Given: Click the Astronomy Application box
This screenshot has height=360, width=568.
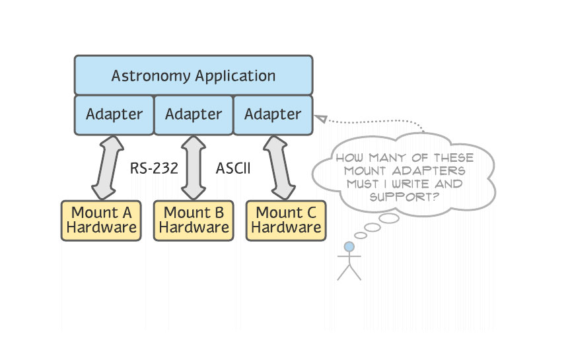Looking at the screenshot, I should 193,75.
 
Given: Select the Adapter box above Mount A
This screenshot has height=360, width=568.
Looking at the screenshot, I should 114,114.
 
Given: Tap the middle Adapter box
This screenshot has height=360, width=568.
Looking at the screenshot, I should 193,114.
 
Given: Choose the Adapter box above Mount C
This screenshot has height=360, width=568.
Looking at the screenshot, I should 273,114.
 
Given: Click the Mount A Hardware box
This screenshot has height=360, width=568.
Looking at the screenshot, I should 101,220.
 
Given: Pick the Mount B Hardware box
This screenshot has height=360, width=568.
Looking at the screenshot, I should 194,220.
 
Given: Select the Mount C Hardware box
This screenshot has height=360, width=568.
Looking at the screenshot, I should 286,220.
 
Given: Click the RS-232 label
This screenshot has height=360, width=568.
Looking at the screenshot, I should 153,168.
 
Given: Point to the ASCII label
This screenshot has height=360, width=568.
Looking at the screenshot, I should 233,168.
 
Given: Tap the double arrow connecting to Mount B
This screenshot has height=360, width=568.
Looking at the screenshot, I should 194,168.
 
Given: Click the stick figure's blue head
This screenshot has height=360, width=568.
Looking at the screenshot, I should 349,247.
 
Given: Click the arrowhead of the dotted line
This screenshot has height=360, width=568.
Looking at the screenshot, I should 320,118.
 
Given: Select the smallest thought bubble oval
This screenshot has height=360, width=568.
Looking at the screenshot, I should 361,235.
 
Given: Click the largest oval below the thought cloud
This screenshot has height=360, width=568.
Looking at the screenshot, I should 389,218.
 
